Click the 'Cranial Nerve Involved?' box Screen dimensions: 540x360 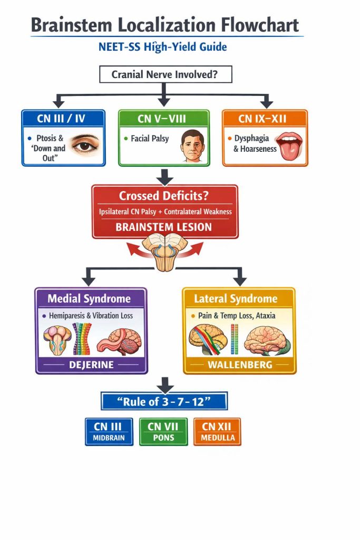(x=166, y=74)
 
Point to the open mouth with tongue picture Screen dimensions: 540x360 (x=288, y=144)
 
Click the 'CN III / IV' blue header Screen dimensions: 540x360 (x=63, y=118)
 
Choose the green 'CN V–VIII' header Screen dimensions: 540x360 (x=163, y=118)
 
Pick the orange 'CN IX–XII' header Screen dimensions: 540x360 (x=265, y=118)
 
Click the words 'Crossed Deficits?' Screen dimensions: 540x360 (x=164, y=196)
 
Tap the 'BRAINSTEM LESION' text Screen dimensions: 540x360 (x=164, y=227)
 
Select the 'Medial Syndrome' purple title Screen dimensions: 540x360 (x=89, y=298)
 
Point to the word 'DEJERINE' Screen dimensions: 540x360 (x=91, y=364)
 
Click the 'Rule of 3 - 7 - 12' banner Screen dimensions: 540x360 (x=164, y=402)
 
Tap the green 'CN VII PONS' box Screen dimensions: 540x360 (x=163, y=431)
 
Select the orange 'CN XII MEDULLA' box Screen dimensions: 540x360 (x=217, y=431)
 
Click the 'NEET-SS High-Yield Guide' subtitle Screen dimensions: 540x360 (x=163, y=47)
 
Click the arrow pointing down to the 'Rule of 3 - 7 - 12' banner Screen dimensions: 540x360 (x=165, y=384)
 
